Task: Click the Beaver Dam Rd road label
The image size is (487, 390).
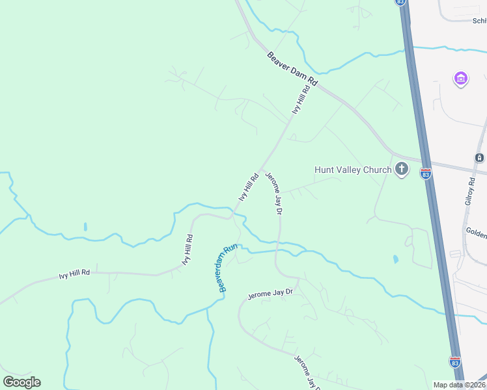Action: (x=292, y=71)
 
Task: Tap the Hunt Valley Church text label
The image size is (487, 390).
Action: (x=353, y=170)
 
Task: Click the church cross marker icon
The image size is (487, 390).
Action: (x=402, y=170)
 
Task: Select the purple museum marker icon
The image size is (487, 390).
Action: (x=460, y=79)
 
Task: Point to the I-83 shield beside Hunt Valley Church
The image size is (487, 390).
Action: (x=426, y=174)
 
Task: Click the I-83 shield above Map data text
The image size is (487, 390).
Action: (x=454, y=361)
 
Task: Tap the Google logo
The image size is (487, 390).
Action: (x=21, y=382)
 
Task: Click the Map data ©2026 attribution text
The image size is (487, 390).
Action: (x=460, y=385)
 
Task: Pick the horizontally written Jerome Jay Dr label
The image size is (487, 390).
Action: (x=270, y=294)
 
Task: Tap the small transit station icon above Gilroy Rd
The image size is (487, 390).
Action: (x=480, y=158)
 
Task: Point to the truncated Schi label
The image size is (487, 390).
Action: (x=480, y=20)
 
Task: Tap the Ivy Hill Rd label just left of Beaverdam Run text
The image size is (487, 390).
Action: (x=187, y=248)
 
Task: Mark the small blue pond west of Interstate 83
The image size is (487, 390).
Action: (x=397, y=259)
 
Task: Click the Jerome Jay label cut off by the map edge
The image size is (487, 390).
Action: (x=307, y=372)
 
